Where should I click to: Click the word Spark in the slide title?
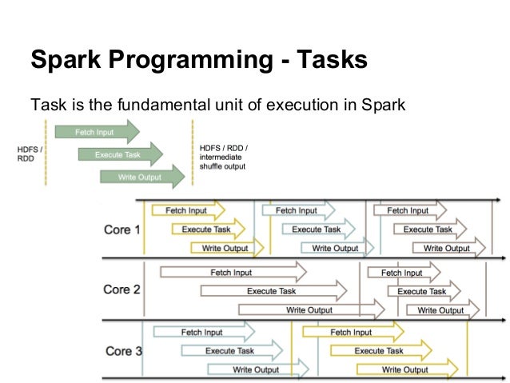tap(66, 60)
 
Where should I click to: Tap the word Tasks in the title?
tap(328, 60)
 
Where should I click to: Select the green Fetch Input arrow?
tap(97, 131)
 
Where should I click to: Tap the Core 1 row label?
tap(122, 229)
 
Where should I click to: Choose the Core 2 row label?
tap(122, 289)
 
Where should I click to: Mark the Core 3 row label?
tap(122, 351)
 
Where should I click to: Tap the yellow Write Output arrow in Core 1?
tap(225, 249)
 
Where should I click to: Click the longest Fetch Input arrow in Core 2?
tap(233, 273)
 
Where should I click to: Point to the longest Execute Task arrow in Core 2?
tap(273, 291)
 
